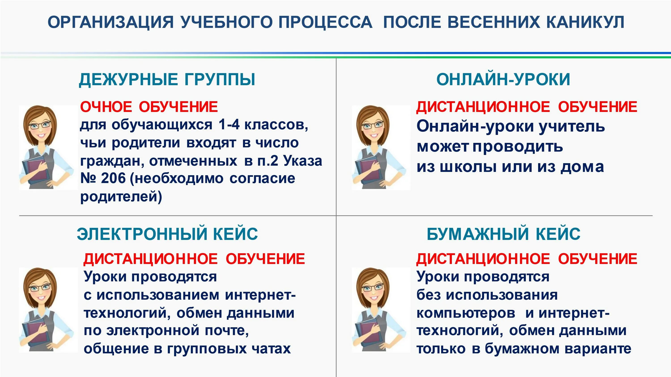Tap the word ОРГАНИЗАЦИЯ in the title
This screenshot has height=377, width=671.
(110, 22)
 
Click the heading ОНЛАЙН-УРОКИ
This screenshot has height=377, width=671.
(503, 79)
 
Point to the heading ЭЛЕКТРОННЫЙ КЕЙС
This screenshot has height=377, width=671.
(167, 234)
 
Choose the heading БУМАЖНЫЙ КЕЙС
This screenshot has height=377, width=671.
(503, 234)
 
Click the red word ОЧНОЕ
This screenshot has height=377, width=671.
(106, 107)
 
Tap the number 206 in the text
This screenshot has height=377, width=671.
(113, 178)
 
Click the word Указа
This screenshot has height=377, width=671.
(303, 161)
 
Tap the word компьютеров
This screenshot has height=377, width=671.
(466, 313)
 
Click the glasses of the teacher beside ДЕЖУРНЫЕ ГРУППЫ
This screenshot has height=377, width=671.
(40, 125)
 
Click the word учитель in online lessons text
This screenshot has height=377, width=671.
(572, 126)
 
